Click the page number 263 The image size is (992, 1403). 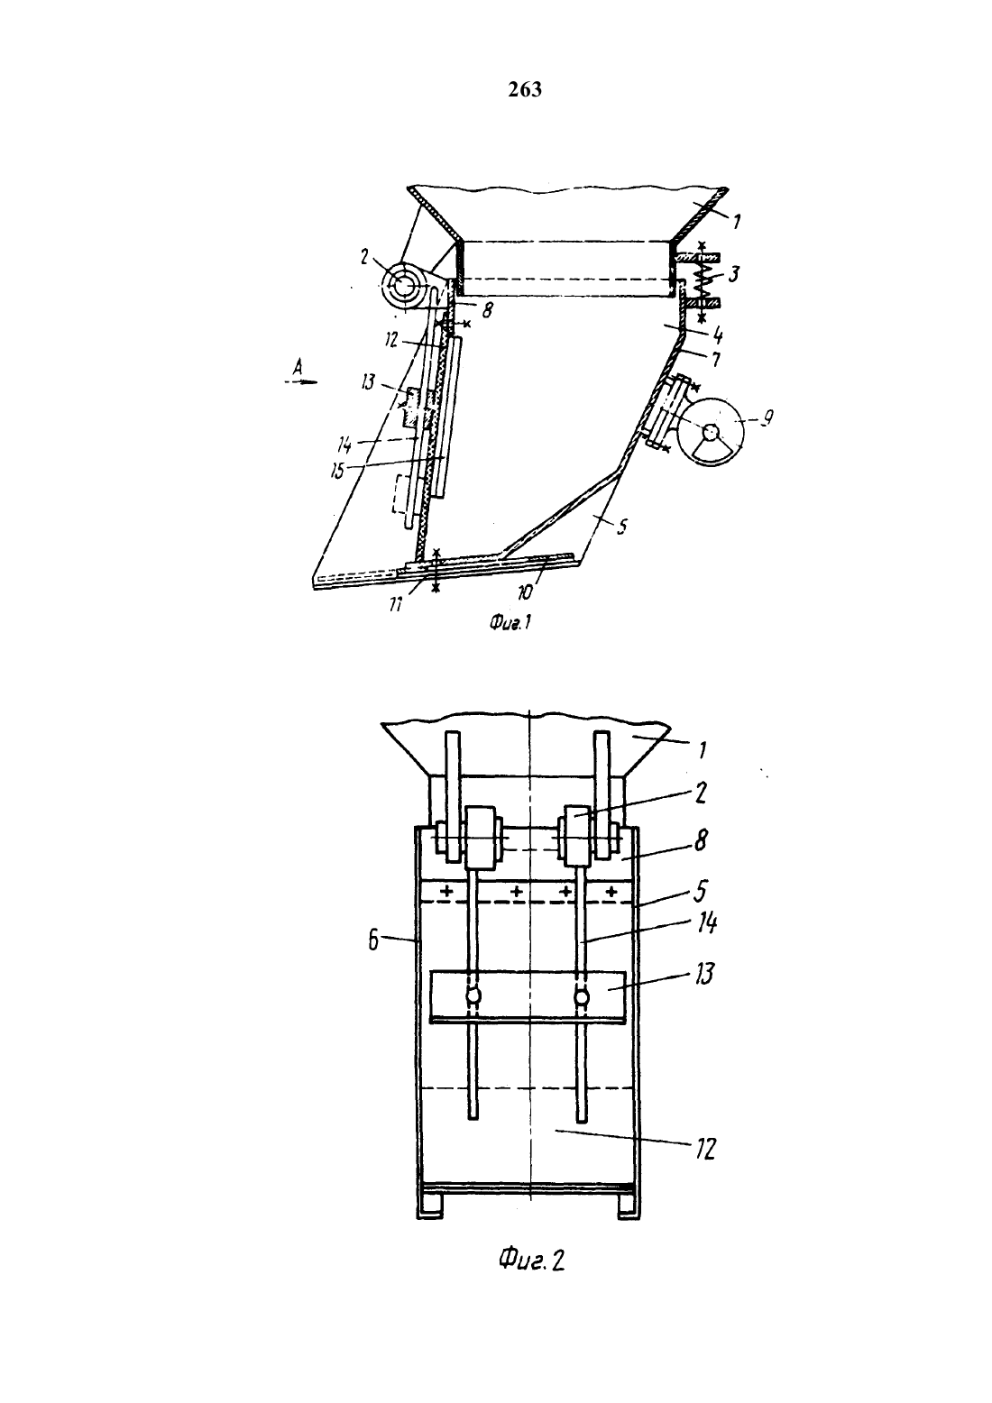(x=525, y=90)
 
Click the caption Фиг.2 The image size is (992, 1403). (x=531, y=1259)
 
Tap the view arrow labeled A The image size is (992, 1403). (x=301, y=381)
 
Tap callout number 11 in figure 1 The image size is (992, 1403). (x=396, y=604)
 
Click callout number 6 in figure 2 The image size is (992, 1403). (x=373, y=940)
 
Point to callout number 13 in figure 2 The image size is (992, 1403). (x=704, y=974)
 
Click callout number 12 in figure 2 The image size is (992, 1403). (x=704, y=1150)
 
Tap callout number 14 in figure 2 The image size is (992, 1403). (x=706, y=923)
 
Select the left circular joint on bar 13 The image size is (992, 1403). (x=473, y=995)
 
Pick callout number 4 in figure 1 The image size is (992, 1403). (x=716, y=335)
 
